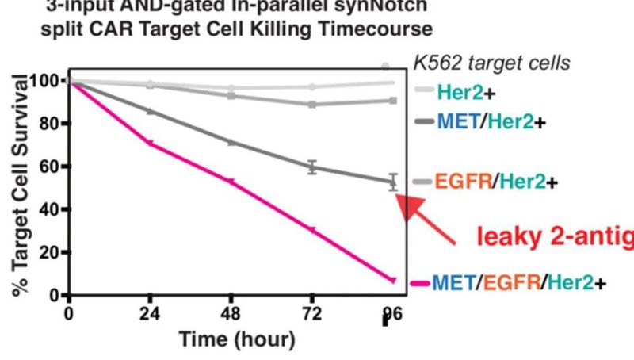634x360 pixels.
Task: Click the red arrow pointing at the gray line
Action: pyautogui.click(x=428, y=213)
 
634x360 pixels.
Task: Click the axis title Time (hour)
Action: pyautogui.click(x=227, y=340)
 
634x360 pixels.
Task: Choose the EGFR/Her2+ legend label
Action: pyautogui.click(x=494, y=182)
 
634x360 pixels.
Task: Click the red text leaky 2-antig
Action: pyautogui.click(x=555, y=236)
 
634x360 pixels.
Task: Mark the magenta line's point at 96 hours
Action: pyautogui.click(x=392, y=280)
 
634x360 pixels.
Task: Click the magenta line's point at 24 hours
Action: pyautogui.click(x=150, y=144)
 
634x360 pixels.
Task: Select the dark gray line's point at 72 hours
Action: pyautogui.click(x=312, y=167)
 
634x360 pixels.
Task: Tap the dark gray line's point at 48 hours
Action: pyautogui.click(x=231, y=142)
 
